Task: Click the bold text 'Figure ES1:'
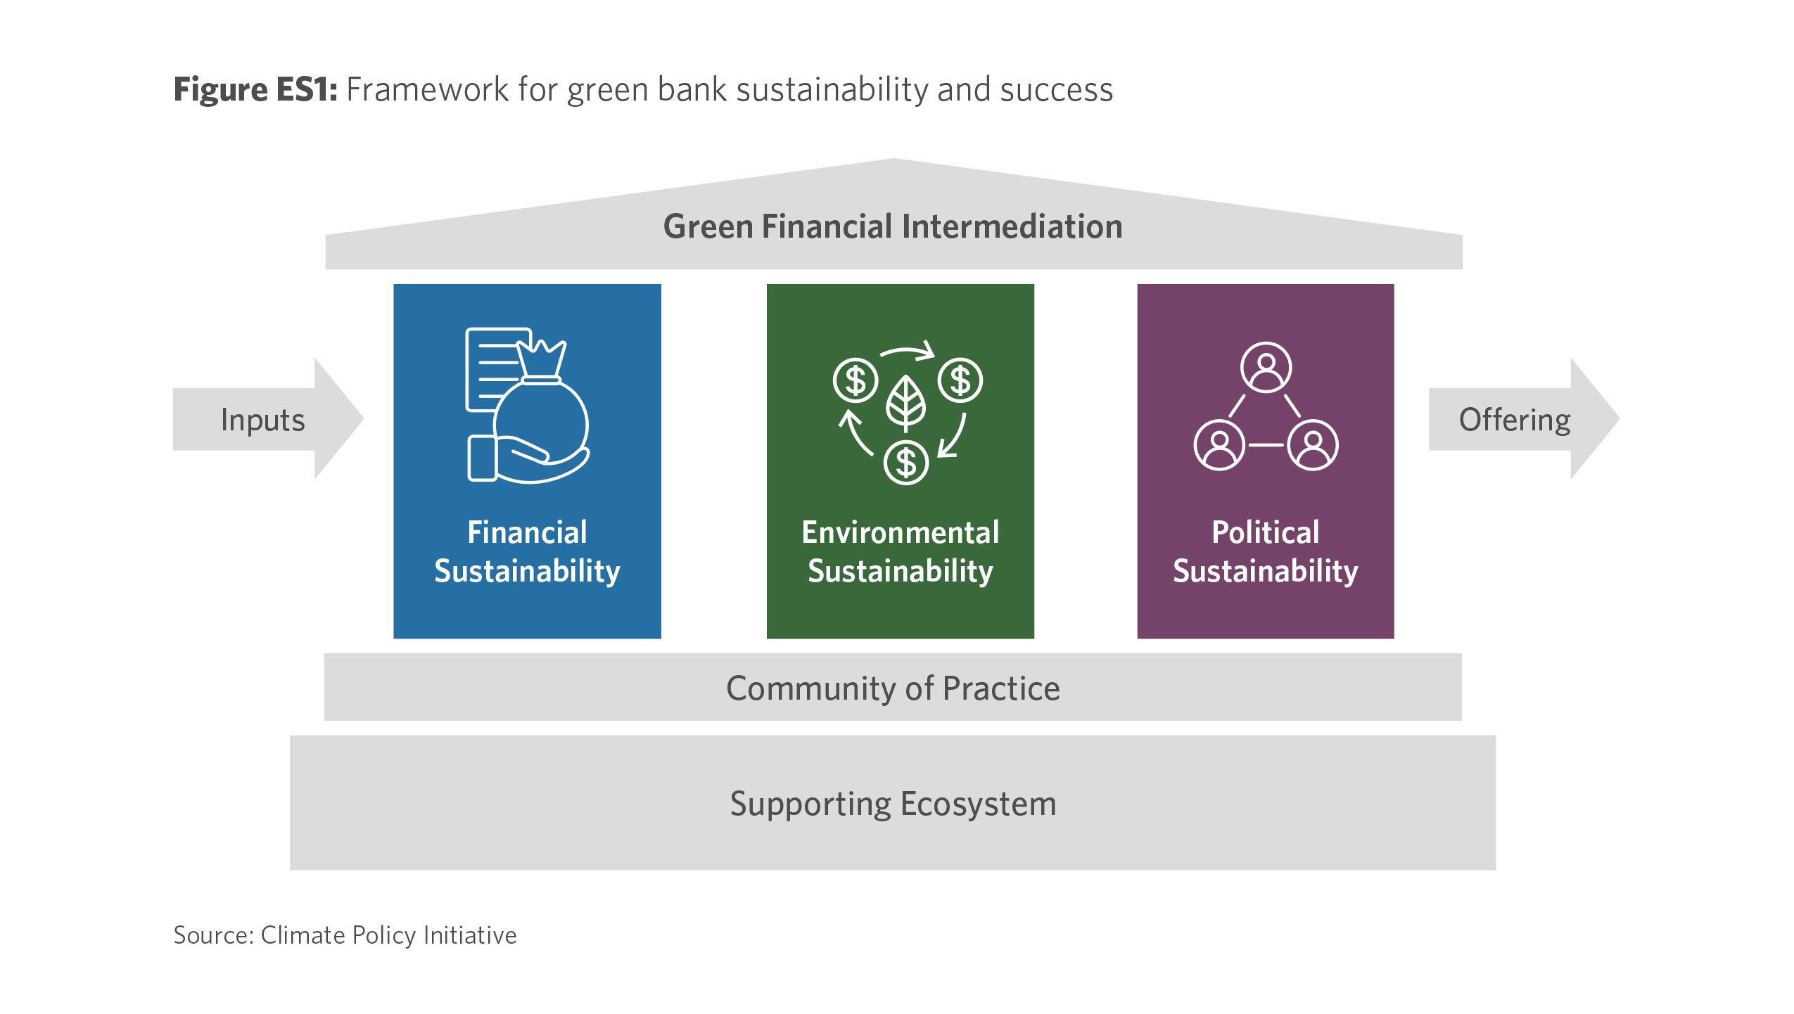[x=255, y=91]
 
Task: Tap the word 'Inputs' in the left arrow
[x=262, y=421]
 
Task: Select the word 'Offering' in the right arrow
[x=1515, y=421]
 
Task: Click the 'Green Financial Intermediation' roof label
[x=893, y=226]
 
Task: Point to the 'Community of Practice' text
[x=893, y=688]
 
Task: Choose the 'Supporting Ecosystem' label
[x=893, y=804]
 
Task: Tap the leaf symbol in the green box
[x=905, y=404]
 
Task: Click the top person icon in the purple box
[x=1266, y=367]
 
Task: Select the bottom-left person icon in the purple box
[x=1219, y=445]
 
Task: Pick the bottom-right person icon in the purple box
[x=1313, y=445]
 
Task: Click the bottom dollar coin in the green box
[x=906, y=463]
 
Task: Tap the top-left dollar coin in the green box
[x=855, y=380]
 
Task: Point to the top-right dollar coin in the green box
[x=960, y=380]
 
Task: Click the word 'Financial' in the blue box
[x=527, y=532]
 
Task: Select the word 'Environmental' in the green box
[x=900, y=532]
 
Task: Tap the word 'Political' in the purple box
[x=1265, y=532]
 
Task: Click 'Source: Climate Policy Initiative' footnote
[x=345, y=936]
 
